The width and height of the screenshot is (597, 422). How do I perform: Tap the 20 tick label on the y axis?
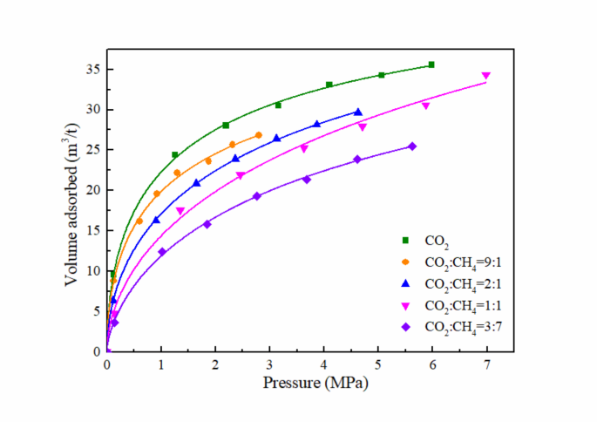tap(92, 190)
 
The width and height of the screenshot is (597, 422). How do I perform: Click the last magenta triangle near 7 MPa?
tap(485, 76)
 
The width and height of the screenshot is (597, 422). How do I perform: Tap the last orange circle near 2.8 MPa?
tap(258, 135)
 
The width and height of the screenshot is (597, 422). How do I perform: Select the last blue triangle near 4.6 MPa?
tap(358, 112)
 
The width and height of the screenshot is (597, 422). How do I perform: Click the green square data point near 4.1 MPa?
tap(329, 85)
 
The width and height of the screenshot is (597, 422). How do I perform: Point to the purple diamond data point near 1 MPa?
tap(162, 252)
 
